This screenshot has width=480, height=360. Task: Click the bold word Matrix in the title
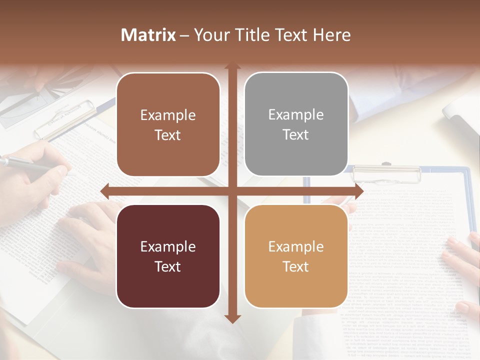pos(148,35)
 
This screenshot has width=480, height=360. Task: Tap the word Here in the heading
pos(331,35)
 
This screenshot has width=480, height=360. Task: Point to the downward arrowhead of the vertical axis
pos(232,318)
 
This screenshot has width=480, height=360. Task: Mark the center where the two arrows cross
pos(232,190)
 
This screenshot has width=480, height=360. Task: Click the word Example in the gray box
pos(296,114)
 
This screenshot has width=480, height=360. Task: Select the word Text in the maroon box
pos(167,266)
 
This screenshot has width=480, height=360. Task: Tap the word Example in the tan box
pos(296,246)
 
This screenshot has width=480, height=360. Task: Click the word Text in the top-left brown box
pos(167,135)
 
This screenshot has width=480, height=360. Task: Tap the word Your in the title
pos(211,35)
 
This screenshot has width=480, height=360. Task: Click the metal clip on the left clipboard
pos(65,120)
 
